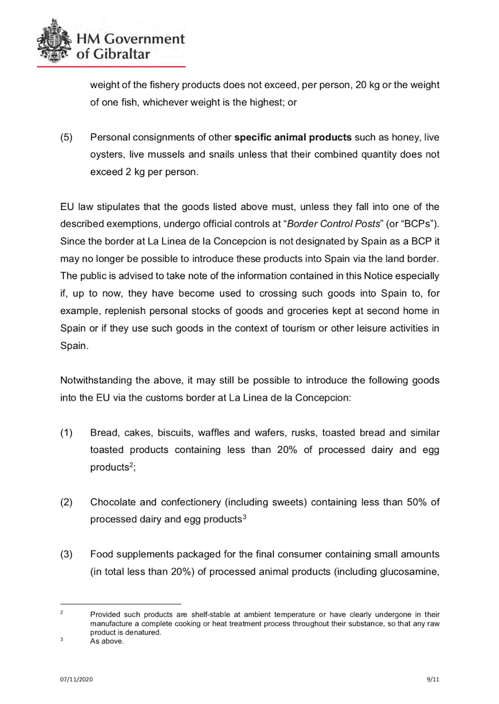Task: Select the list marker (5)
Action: coord(66,137)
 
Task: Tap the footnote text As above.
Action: coord(107,642)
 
